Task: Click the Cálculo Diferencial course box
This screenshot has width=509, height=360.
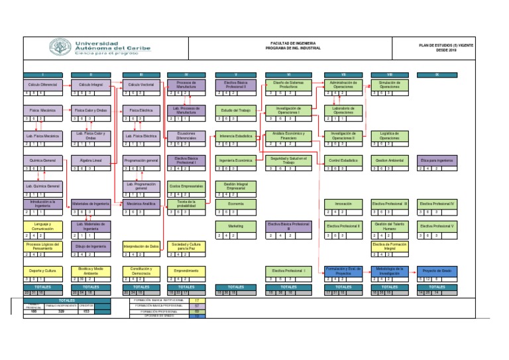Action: [x=43, y=86]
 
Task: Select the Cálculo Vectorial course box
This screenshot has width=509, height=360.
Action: [x=141, y=86]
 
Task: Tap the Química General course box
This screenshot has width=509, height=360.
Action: [x=43, y=160]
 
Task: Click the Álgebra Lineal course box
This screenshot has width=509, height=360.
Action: [x=91, y=160]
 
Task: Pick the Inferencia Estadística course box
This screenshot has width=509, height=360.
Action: [x=236, y=135]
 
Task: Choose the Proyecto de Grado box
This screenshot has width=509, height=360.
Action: [x=437, y=271]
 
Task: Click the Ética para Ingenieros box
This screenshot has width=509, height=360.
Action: [x=437, y=160]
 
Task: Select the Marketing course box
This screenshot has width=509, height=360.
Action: [x=236, y=226]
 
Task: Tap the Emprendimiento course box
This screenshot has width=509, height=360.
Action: [x=186, y=271]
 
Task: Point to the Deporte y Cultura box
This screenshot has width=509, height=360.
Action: [x=43, y=271]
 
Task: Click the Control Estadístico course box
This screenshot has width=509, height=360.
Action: [x=343, y=160]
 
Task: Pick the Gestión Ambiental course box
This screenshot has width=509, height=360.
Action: [x=390, y=160]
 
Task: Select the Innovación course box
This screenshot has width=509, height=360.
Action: [x=343, y=204]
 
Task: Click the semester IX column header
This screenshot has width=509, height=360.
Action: [x=437, y=74]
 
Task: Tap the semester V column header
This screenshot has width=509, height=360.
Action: [x=236, y=74]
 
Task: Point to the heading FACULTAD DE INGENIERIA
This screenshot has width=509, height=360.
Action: [x=292, y=42]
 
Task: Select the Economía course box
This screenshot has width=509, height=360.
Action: [x=236, y=204]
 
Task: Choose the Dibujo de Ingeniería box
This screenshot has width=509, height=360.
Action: [x=91, y=247]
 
